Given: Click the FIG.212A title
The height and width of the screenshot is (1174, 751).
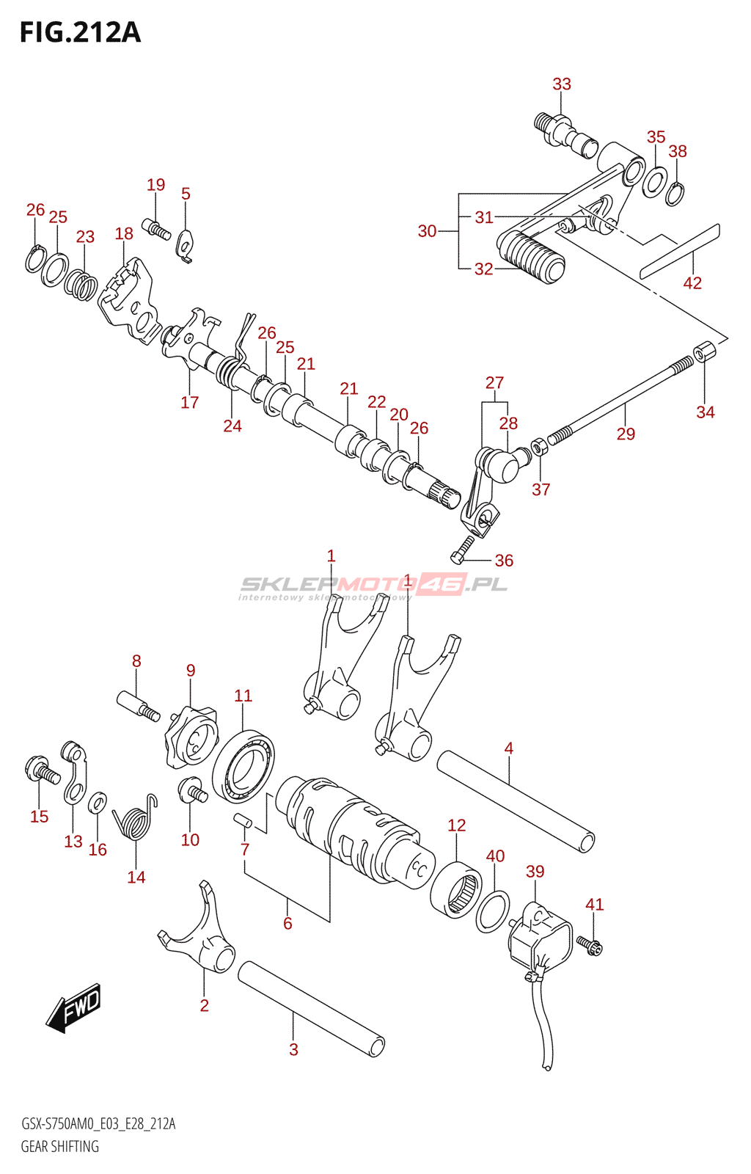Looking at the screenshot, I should click(x=80, y=33).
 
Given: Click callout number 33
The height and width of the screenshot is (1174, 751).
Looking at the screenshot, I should click(x=562, y=84).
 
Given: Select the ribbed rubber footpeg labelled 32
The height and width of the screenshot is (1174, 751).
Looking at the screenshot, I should click(x=532, y=257).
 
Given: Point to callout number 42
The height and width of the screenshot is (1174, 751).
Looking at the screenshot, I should click(x=692, y=283).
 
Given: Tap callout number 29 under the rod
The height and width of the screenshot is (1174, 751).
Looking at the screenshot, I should click(x=626, y=434).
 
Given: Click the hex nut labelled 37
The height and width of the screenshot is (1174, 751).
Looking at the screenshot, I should click(x=538, y=446).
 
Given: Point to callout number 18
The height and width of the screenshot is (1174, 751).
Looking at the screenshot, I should click(x=124, y=234).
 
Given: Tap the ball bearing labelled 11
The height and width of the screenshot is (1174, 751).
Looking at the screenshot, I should click(x=243, y=766).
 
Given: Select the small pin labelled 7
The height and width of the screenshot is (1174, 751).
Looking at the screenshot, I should click(x=243, y=820).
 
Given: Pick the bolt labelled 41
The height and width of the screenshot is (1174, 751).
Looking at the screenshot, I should click(x=589, y=944).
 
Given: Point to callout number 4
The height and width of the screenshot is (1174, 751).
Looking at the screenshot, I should click(x=509, y=748).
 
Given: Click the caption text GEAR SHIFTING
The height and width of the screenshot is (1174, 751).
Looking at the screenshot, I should click(x=59, y=1146).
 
